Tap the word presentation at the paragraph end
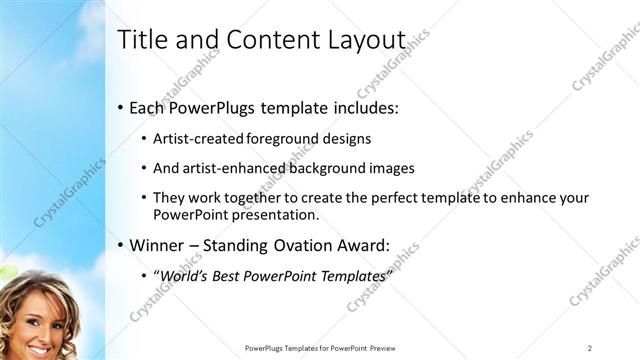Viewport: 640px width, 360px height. point(276,214)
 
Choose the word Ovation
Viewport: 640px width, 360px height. point(308,244)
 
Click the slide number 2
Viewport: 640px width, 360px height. point(590,347)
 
